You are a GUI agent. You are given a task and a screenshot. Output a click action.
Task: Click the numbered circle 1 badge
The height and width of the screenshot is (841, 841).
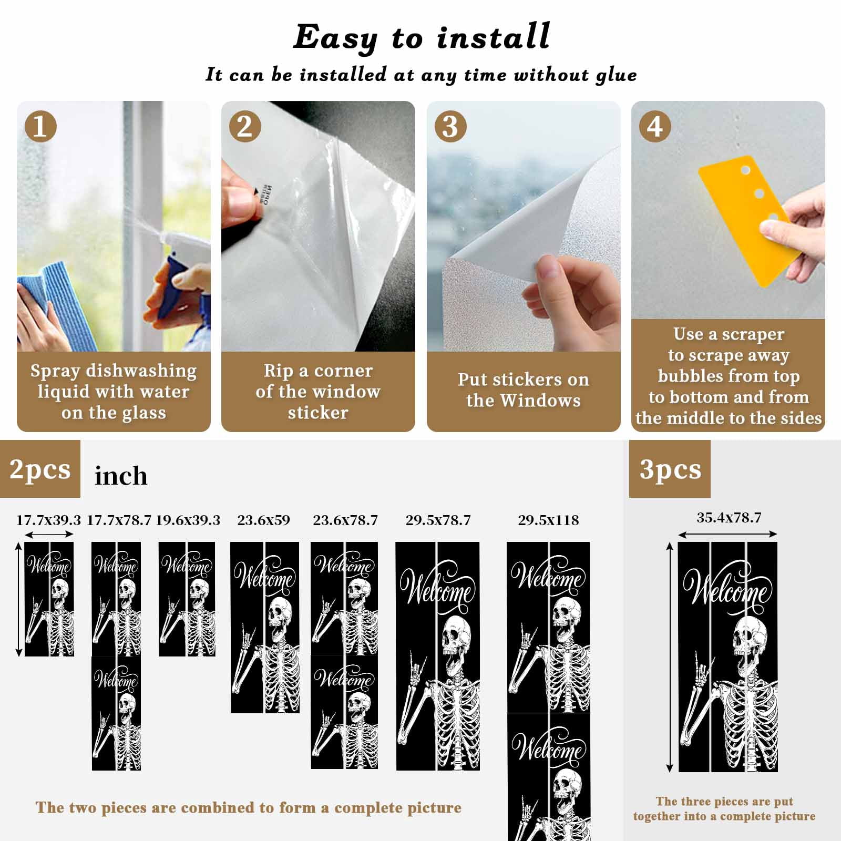tap(40, 126)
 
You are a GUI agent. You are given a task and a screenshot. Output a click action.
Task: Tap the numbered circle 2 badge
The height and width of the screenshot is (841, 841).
tap(245, 126)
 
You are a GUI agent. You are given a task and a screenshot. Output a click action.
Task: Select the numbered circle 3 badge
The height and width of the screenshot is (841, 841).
tap(450, 126)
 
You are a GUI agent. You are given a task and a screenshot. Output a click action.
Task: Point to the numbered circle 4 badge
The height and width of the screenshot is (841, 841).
tap(655, 126)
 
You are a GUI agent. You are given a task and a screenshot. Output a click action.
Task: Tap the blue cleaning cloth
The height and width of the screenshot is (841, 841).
tap(48, 306)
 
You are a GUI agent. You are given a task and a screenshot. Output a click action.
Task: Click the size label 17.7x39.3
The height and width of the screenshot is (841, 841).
tap(48, 520)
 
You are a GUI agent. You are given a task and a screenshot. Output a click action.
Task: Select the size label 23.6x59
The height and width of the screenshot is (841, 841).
tap(263, 520)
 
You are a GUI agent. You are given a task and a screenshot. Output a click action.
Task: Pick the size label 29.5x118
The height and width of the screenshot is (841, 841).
tap(548, 520)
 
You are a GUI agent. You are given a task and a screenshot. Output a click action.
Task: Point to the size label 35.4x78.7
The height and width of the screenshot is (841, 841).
tap(729, 518)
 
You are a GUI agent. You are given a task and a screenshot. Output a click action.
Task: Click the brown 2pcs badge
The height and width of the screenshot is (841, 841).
tap(40, 469)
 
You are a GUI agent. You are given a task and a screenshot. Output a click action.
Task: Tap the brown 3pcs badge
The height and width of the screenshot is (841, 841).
tap(670, 469)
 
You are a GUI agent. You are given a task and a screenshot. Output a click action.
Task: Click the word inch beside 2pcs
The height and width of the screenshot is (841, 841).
tap(121, 476)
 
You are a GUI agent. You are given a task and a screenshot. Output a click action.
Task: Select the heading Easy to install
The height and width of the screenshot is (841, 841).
tap(422, 38)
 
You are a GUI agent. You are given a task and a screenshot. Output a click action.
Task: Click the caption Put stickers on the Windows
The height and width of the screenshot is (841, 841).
tap(524, 390)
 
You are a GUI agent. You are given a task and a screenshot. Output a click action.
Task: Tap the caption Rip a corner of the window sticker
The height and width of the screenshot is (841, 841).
tap(318, 392)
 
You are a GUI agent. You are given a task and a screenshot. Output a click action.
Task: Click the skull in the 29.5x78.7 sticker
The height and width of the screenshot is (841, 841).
tap(458, 643)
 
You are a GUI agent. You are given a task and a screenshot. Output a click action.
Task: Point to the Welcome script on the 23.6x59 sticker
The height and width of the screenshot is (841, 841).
tap(265, 577)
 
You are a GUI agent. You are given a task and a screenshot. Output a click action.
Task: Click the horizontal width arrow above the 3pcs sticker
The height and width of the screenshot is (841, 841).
tap(727, 535)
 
